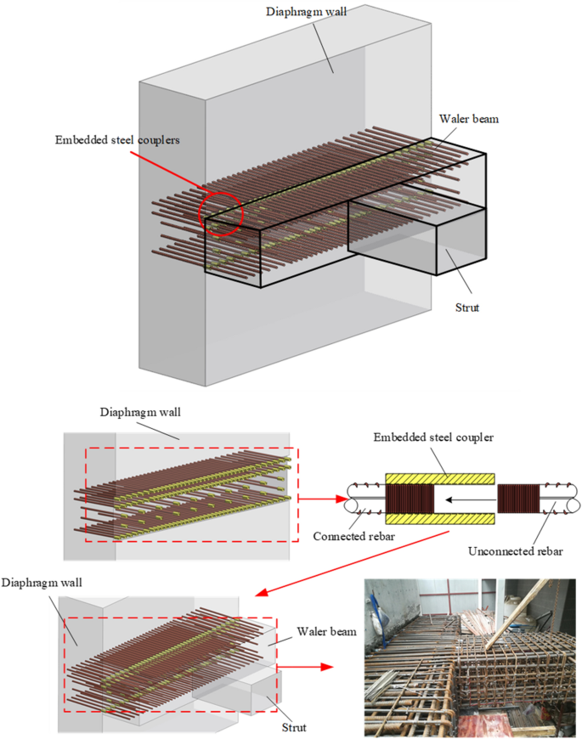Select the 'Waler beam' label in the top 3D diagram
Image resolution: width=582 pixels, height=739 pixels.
[x=468, y=119]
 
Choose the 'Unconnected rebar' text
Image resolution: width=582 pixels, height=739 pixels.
[x=515, y=551]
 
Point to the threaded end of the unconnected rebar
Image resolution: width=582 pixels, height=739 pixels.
[x=521, y=499]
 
